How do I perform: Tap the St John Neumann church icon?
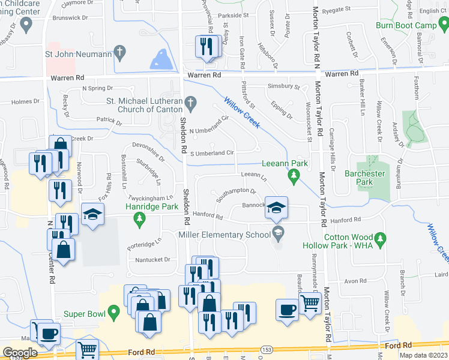point(121,52)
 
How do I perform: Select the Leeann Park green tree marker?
point(294,175)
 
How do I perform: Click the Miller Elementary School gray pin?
point(277,232)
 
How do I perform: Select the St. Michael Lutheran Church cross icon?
point(191,104)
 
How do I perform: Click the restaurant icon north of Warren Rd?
point(207,46)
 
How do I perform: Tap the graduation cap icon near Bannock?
point(276,207)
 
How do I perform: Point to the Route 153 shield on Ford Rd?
point(264,349)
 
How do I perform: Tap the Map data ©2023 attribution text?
point(423,355)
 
